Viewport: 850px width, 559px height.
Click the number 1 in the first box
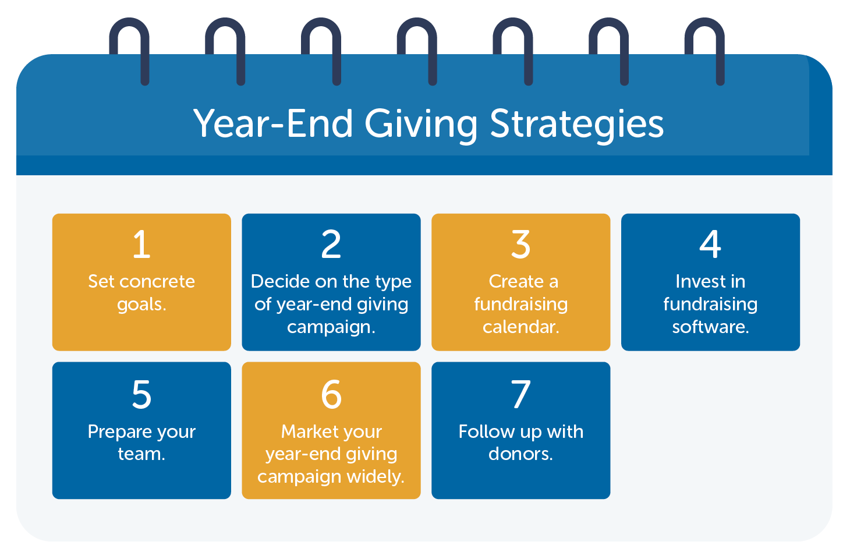click(x=141, y=245)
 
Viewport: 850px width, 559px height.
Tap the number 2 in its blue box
click(x=331, y=245)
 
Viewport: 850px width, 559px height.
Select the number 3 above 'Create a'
click(x=521, y=245)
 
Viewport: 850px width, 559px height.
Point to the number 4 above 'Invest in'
click(x=710, y=245)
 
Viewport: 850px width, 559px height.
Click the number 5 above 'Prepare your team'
click(x=141, y=395)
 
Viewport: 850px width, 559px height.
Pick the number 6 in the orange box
click(x=331, y=395)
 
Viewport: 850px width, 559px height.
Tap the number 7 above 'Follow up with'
click(x=521, y=395)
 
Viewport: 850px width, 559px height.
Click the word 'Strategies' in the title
click(x=576, y=124)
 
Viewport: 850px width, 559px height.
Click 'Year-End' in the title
click(x=274, y=124)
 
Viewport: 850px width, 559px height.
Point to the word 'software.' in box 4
click(x=710, y=327)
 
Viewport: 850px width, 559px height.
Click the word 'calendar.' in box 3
click(x=521, y=327)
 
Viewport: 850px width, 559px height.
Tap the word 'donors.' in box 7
click(x=521, y=454)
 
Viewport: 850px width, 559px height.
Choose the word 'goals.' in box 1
click(x=141, y=305)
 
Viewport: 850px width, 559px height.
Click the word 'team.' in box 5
click(x=141, y=454)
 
